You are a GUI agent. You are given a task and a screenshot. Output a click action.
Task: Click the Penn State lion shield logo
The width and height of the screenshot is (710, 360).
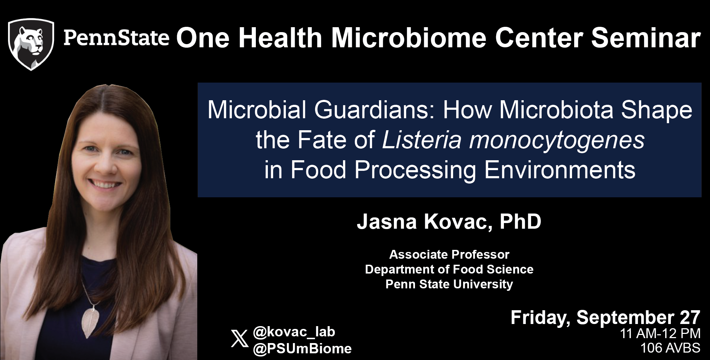tap(31, 44)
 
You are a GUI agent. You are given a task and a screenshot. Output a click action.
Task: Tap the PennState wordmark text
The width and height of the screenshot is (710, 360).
tap(116, 38)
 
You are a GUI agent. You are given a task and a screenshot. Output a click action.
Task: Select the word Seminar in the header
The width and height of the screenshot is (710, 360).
tap(646, 38)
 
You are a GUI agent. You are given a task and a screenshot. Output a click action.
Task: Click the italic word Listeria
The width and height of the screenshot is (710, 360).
tap(422, 140)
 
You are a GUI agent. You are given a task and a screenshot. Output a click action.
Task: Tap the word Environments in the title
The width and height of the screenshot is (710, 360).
tap(560, 170)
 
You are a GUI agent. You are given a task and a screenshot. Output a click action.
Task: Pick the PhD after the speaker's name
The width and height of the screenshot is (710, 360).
tap(521, 221)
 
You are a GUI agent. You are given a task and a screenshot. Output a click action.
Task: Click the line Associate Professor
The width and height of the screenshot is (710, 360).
tap(449, 254)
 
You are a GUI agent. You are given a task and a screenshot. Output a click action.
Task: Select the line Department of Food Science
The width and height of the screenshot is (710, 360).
tap(449, 269)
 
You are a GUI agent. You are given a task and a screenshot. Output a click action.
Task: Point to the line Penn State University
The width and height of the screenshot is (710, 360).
tap(449, 284)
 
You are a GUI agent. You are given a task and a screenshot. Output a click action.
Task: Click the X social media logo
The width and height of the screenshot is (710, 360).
tap(240, 339)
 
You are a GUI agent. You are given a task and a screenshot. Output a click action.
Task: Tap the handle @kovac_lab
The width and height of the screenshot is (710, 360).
tap(294, 332)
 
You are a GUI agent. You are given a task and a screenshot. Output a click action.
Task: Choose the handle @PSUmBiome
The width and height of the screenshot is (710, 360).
tap(302, 349)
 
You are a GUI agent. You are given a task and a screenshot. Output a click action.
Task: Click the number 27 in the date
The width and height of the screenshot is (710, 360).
tap(690, 318)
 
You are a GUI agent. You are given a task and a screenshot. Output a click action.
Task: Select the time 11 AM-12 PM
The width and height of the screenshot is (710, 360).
tap(660, 334)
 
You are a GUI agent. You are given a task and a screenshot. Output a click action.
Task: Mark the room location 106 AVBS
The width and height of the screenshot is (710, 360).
tap(670, 348)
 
